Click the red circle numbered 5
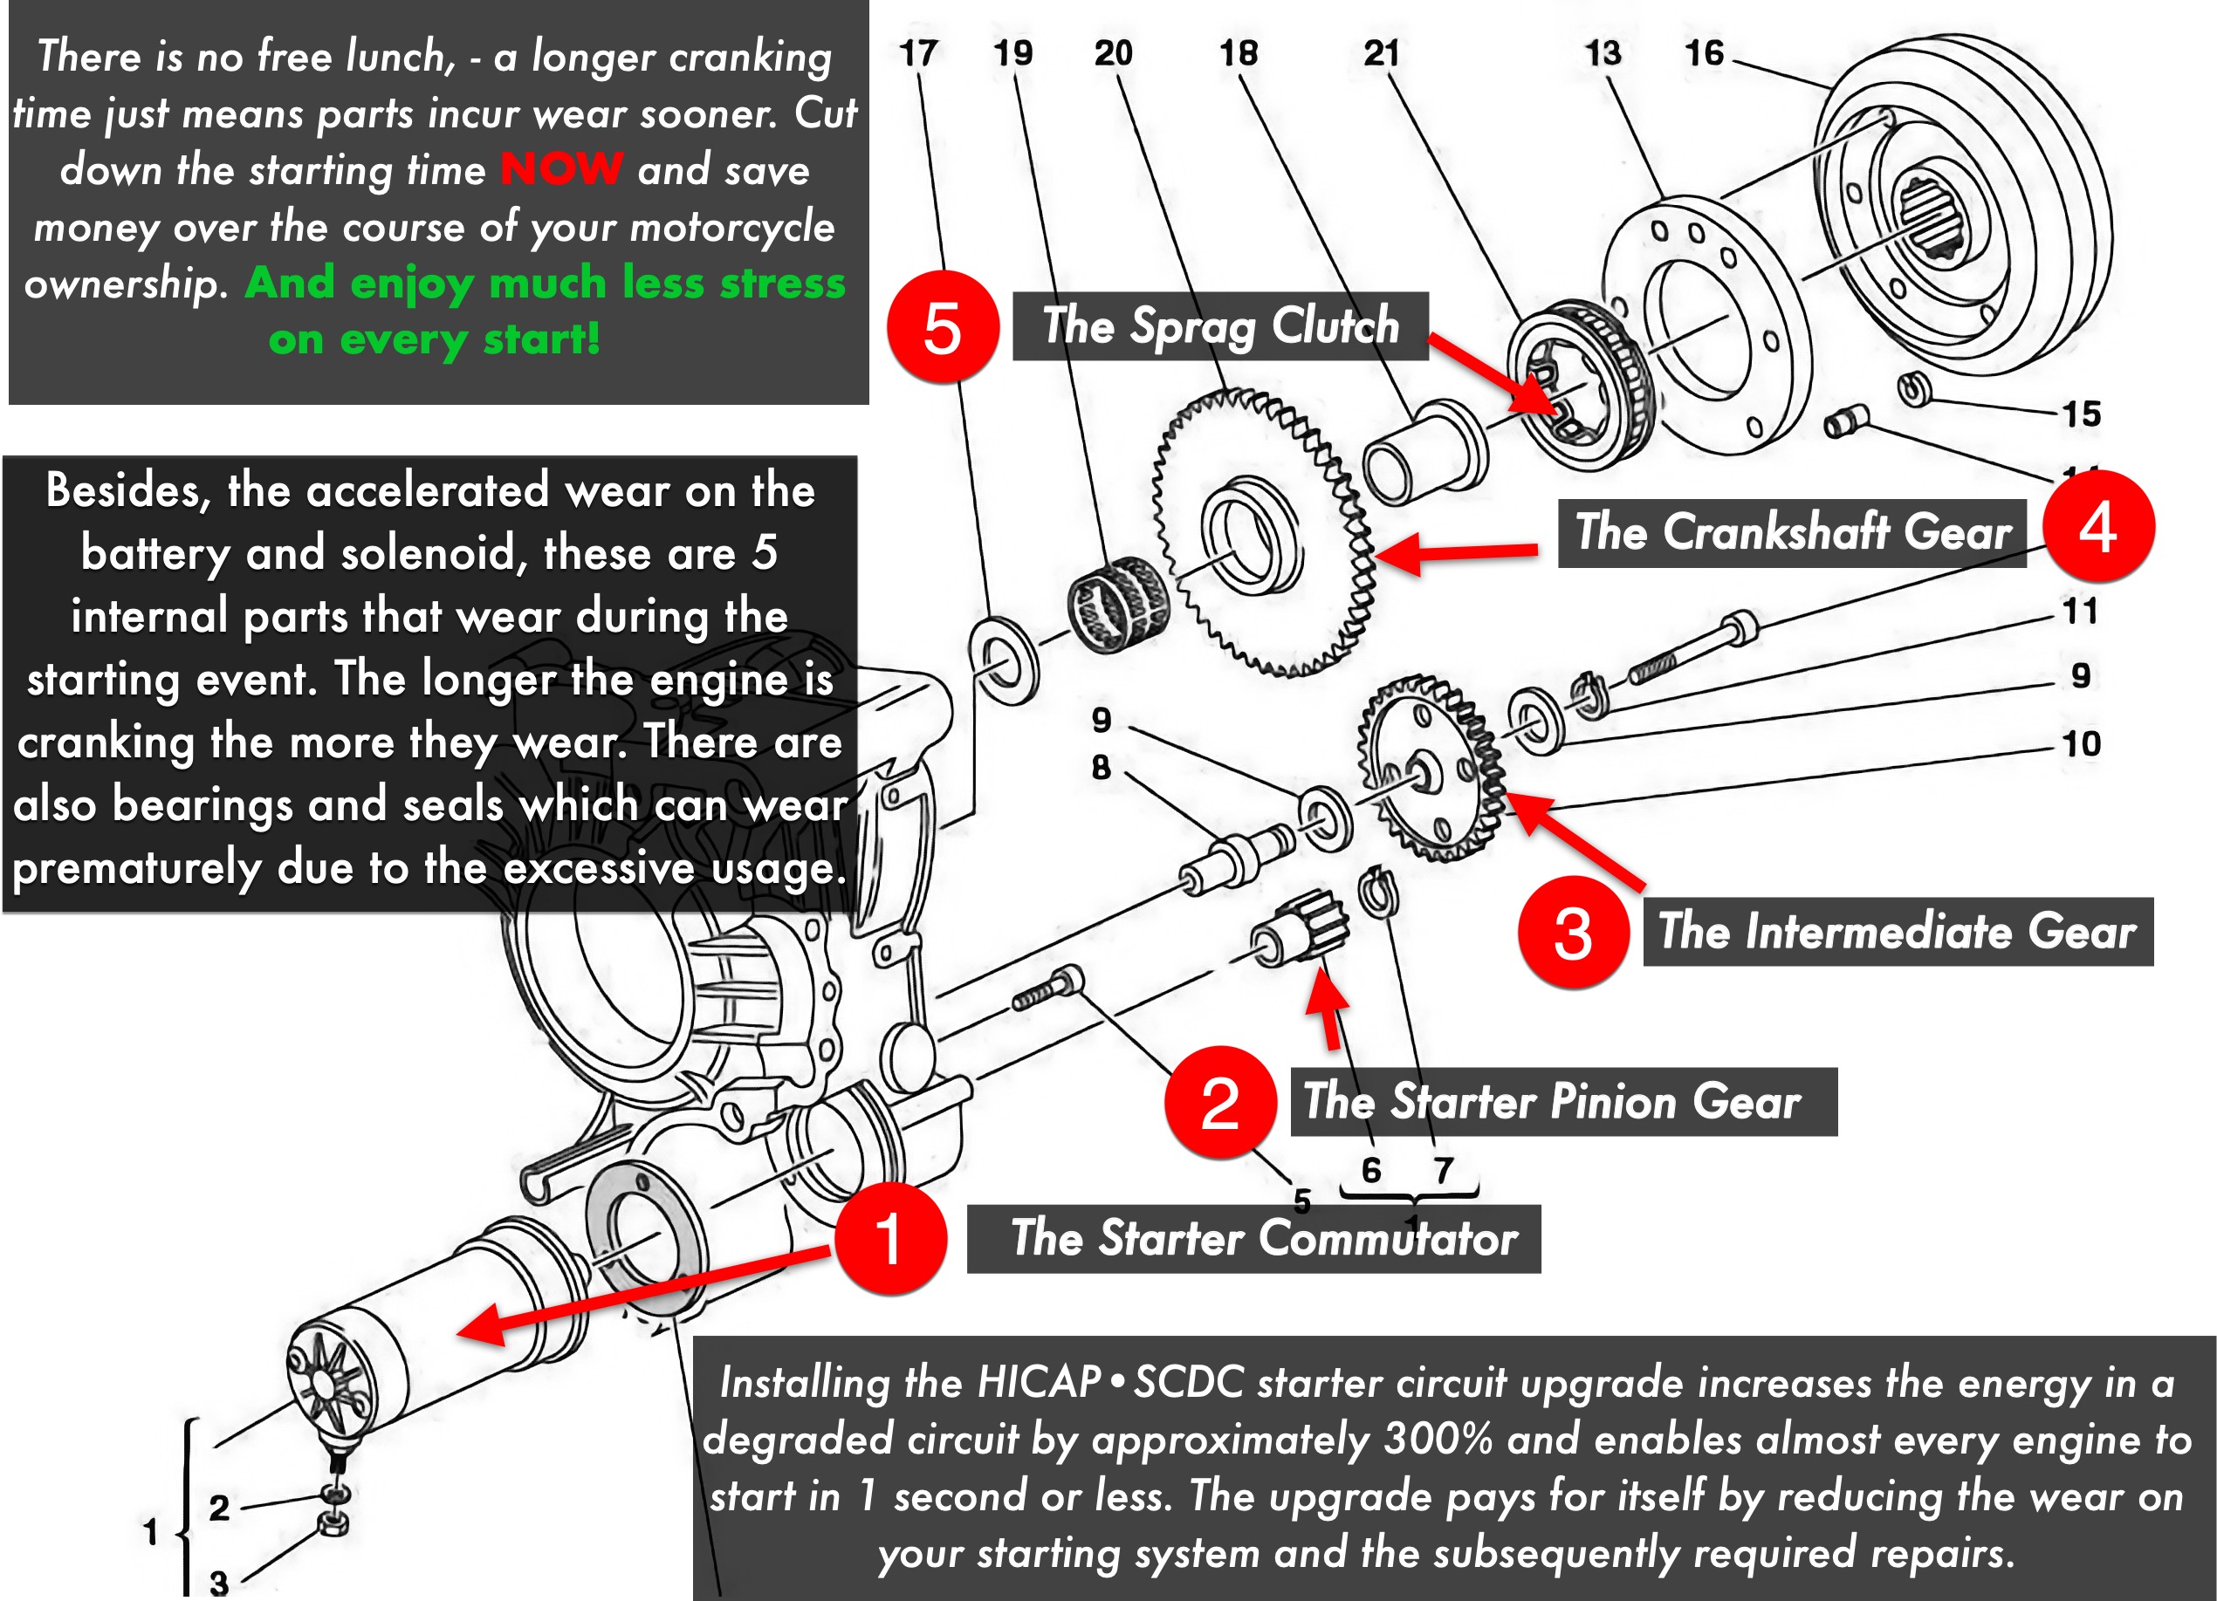pos(943,327)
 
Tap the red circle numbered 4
pos(2097,527)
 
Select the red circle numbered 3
pos(1573,932)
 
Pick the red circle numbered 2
pos(1220,1103)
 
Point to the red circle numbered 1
pos(889,1238)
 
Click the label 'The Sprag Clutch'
pos(1220,325)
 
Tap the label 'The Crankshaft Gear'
pos(1792,533)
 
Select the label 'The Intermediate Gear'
pos(1898,932)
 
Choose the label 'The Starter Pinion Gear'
pos(1563,1102)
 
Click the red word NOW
pos(561,169)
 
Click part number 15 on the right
pos(2081,414)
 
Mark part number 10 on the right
pos(2081,744)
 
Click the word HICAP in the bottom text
pos(1038,1383)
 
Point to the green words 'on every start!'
pos(434,339)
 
